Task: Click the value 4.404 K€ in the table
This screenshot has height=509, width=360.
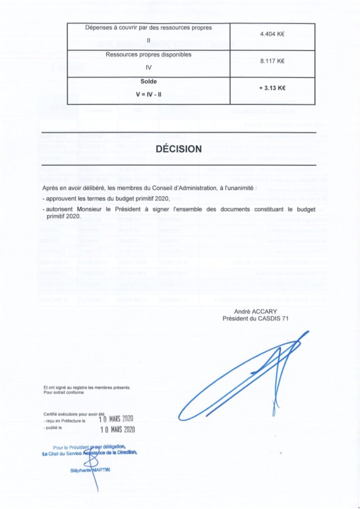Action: pyautogui.click(x=272, y=34)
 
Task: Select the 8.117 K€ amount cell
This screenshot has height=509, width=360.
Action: pyautogui.click(x=272, y=62)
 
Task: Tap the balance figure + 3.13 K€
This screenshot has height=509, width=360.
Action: pyautogui.click(x=272, y=88)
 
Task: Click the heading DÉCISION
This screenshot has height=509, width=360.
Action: pyautogui.click(x=179, y=149)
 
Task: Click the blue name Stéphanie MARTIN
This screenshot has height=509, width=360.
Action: pyautogui.click(x=90, y=470)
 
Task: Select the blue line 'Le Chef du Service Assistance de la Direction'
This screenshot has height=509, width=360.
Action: pyautogui.click(x=90, y=452)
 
